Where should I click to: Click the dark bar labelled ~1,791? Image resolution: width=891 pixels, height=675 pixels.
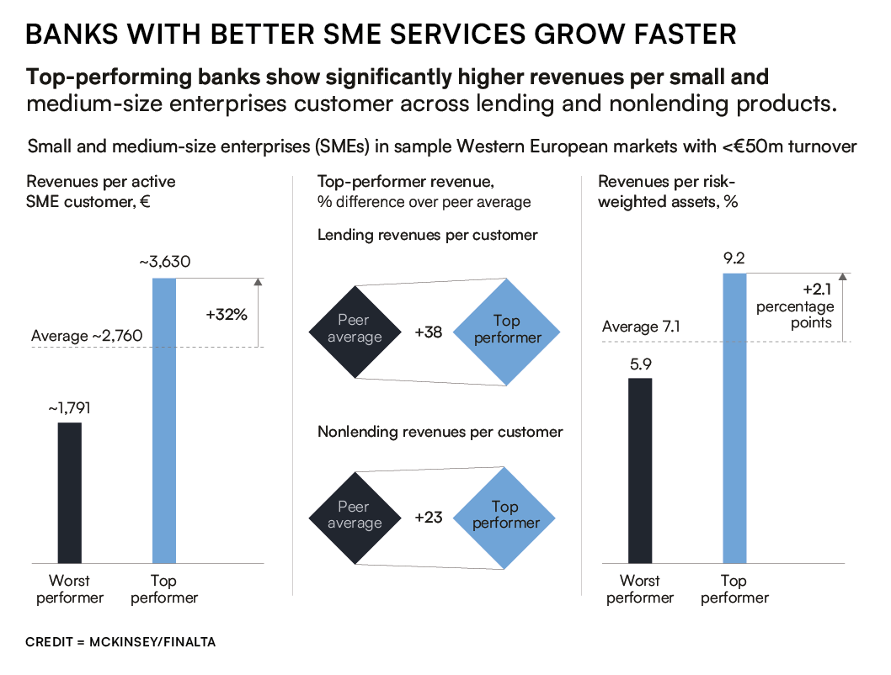pos(69,492)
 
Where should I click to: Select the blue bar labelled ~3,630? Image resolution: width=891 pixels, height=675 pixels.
pos(163,421)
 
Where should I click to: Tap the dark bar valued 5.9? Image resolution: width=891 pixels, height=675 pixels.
pos(639,470)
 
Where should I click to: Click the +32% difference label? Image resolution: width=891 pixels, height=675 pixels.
pos(226,316)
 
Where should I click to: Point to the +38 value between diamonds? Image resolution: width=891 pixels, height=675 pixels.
pos(429,332)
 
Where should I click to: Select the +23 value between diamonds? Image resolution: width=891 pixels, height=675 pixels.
pos(429,518)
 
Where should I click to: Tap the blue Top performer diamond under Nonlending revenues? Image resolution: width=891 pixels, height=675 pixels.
pos(505,515)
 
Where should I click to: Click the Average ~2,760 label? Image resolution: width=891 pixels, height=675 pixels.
pos(86,337)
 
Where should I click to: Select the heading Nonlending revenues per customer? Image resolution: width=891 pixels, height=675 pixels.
pos(440,432)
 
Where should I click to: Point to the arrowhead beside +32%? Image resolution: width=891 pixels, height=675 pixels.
pos(258,283)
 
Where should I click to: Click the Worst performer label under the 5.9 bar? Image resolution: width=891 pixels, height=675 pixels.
pos(640,589)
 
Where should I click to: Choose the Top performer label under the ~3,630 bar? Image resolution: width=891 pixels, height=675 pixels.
pos(164,589)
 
